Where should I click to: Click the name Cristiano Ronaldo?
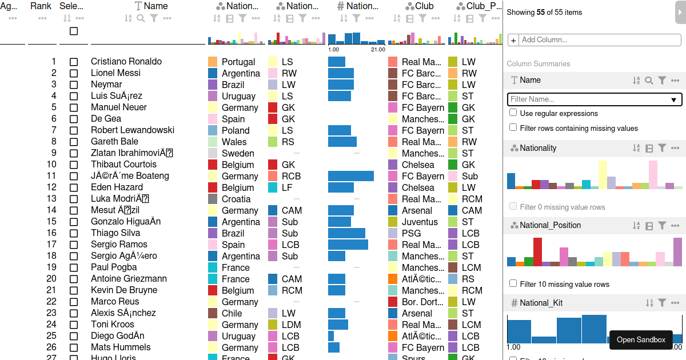point(126,62)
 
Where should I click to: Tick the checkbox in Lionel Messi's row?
point(74,73)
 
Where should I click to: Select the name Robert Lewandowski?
point(133,130)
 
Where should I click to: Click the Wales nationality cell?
point(234,142)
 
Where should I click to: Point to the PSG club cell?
point(411,233)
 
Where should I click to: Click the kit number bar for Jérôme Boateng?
point(351,176)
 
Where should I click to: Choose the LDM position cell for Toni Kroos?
point(290,325)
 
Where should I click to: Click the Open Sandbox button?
point(641,340)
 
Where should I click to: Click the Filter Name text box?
point(589,99)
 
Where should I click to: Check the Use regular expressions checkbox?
point(513,113)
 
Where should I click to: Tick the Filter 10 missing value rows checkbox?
point(513,283)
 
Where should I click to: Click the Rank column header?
point(41,6)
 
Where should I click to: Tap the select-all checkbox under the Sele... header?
point(74,31)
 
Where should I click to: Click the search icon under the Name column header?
point(141,18)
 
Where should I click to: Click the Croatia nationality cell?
point(236,199)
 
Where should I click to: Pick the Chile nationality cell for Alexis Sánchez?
point(232,313)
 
